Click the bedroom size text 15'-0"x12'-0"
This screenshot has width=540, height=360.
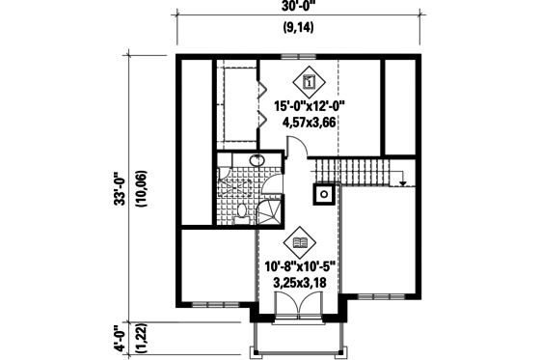point(310,107)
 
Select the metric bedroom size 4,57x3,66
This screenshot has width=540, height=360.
point(310,123)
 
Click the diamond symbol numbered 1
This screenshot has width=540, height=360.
point(310,83)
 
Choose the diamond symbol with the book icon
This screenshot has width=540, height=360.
point(300,243)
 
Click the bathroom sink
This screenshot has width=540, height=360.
point(257,161)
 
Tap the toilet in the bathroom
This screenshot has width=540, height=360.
point(242,211)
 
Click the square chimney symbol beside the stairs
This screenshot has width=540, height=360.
point(325,193)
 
